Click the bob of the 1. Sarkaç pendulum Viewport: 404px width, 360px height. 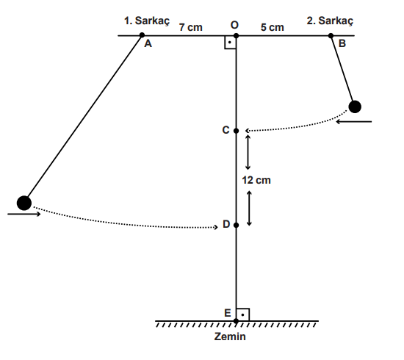24,203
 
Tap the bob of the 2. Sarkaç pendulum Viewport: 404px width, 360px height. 355,107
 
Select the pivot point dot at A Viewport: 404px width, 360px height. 142,35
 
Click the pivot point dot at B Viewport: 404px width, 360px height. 331,35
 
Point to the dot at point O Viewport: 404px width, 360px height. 236,35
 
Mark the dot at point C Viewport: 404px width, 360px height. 236,131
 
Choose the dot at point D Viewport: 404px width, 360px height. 236,226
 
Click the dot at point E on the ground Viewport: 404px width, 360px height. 236,321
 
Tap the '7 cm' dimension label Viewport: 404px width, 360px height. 191,27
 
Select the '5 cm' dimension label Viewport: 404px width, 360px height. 273,27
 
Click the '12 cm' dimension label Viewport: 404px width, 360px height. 256,180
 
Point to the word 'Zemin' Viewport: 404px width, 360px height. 230,336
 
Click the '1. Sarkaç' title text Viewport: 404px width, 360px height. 147,21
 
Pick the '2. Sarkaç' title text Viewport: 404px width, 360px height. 330,21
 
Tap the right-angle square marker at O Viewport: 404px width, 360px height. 230,43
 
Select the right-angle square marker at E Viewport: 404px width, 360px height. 242,314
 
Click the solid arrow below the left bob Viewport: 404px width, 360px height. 24,214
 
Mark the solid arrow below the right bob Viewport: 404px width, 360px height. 354,121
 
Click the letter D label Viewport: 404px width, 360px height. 226,224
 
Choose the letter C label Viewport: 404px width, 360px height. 226,130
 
